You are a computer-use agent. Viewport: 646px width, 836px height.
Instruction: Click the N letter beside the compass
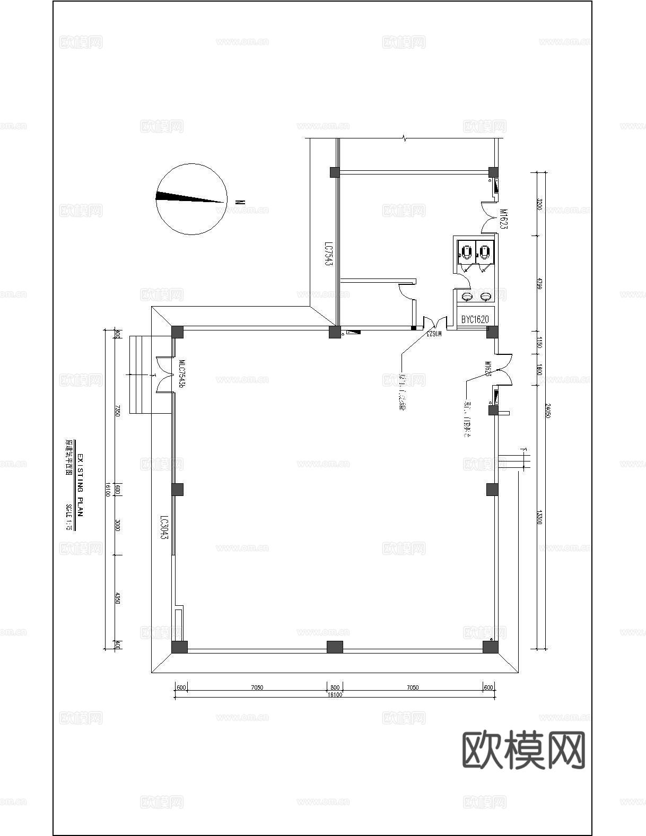(x=240, y=202)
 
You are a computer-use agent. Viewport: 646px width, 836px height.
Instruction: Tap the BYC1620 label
(x=475, y=319)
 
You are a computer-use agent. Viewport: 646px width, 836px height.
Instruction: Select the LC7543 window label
(x=329, y=255)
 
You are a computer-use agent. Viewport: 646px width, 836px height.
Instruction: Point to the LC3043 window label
(x=164, y=528)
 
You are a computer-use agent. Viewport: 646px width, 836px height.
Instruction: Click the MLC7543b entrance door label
(x=181, y=376)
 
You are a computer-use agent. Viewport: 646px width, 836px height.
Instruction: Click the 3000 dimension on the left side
(x=118, y=526)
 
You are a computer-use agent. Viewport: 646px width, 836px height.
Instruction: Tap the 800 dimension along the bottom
(x=335, y=687)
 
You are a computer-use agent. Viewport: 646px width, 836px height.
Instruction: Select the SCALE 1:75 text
(x=68, y=517)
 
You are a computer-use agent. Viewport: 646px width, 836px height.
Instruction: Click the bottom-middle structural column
(x=335, y=647)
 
